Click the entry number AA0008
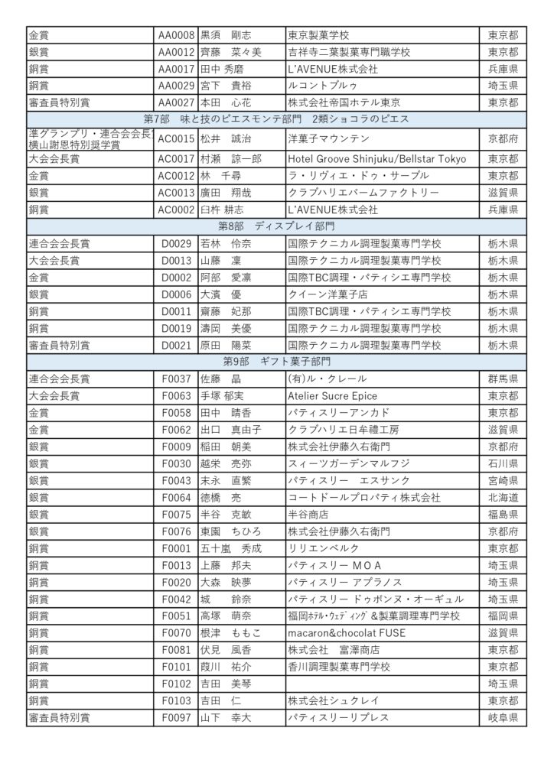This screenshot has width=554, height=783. pyautogui.click(x=176, y=35)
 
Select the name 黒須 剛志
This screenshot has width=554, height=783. pyautogui.click(x=226, y=35)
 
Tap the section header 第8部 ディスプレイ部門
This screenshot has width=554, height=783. pyautogui.click(x=276, y=226)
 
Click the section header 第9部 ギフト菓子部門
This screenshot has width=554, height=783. pyautogui.click(x=276, y=360)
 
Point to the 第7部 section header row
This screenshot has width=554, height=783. pyautogui.click(x=276, y=119)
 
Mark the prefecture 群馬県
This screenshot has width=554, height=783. pyautogui.click(x=503, y=379)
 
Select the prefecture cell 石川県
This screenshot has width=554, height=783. pyautogui.click(x=503, y=463)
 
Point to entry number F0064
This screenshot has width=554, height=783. pyautogui.click(x=176, y=497)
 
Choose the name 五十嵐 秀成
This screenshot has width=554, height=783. pyautogui.click(x=230, y=548)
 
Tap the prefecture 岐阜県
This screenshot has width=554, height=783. pyautogui.click(x=503, y=717)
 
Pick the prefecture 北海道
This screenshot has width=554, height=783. pyautogui.click(x=503, y=497)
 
